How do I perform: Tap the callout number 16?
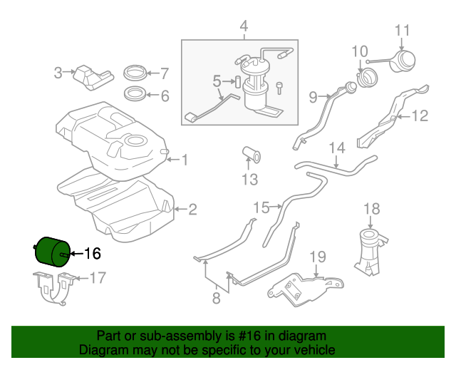(x=93, y=253)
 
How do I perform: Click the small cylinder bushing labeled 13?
(x=252, y=153)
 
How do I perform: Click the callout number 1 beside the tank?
(x=184, y=160)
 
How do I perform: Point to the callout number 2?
(x=192, y=210)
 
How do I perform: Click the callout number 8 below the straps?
(x=217, y=299)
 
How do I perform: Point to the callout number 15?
(x=261, y=207)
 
